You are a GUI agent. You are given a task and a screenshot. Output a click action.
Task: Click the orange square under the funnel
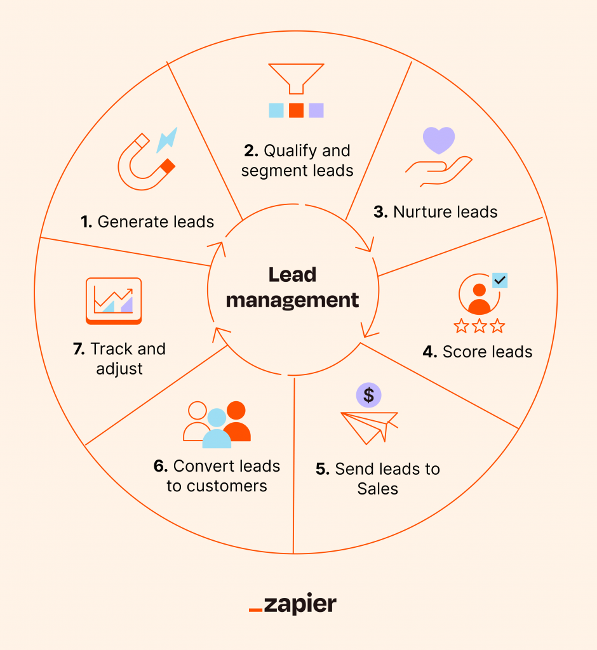tap(296, 110)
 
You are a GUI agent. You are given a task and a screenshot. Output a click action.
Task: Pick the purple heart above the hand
tap(439, 140)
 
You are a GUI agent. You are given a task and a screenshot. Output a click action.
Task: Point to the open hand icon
tap(439, 170)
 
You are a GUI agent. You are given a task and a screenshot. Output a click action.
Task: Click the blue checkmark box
tap(500, 280)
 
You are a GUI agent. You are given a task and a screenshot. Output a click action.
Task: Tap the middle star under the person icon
tap(480, 326)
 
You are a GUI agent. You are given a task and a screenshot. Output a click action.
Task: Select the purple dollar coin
tap(368, 395)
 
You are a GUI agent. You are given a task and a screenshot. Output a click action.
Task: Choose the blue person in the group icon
tap(217, 429)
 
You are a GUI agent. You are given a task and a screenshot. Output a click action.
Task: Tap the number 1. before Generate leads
tap(86, 222)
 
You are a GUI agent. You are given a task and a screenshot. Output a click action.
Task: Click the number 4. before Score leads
tap(430, 351)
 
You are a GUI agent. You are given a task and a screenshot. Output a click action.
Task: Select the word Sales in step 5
tap(377, 489)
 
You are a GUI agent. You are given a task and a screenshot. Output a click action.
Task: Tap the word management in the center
tap(293, 300)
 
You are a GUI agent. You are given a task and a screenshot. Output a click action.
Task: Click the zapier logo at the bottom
tap(293, 604)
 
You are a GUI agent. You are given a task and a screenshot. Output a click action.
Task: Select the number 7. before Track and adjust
tap(79, 348)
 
